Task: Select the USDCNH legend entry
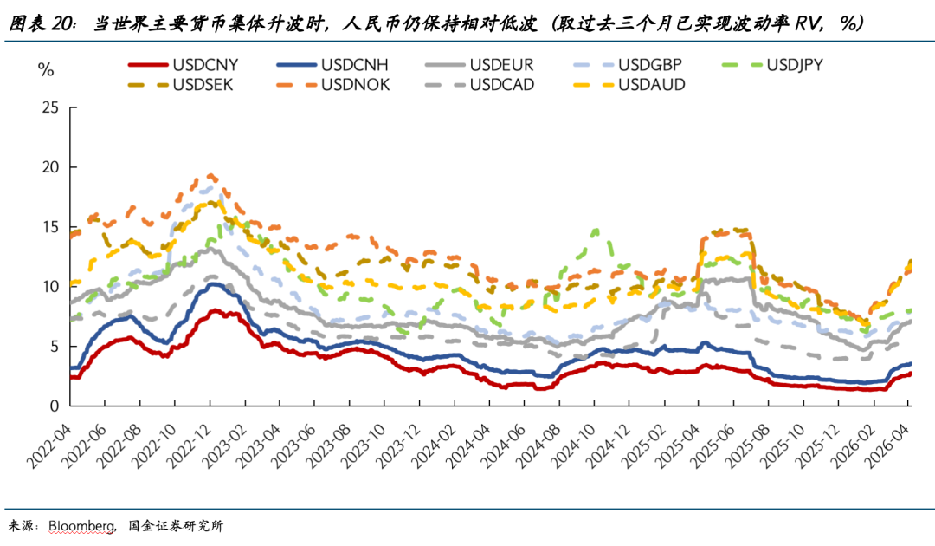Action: pyautogui.click(x=355, y=64)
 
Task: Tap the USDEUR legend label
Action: pyautogui.click(x=503, y=64)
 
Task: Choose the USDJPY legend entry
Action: pyautogui.click(x=800, y=64)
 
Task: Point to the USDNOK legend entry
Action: pyautogui.click(x=356, y=84)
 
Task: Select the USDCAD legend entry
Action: pyautogui.click(x=503, y=84)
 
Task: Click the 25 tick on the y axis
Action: pyautogui.click(x=50, y=107)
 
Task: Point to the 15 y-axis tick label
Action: pyautogui.click(x=50, y=227)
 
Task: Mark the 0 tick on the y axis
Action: pyautogui.click(x=55, y=406)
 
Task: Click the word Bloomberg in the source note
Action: pyautogui.click(x=81, y=526)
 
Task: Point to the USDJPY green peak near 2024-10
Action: pyautogui.click(x=596, y=231)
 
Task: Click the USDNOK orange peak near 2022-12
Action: pyautogui.click(x=210, y=175)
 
